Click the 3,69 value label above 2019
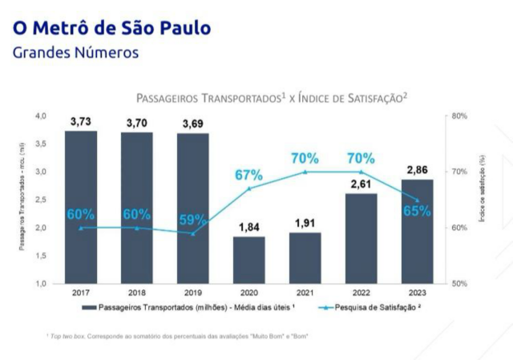click(192, 123)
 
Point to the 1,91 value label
click(305, 222)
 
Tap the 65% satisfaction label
click(418, 212)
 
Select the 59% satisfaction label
click(192, 219)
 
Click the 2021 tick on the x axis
click(305, 293)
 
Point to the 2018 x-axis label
click(136, 293)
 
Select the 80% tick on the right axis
click(459, 116)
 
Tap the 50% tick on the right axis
click(459, 284)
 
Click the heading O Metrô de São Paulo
click(111, 28)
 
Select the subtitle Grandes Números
click(76, 53)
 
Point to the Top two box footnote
click(176, 336)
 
